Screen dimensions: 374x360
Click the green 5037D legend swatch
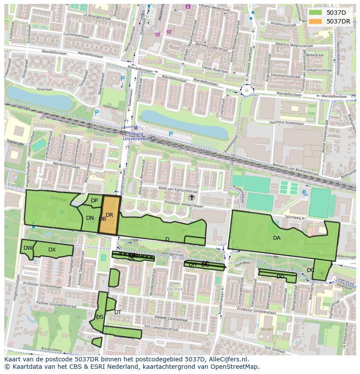(316, 13)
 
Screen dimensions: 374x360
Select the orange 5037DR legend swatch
(316, 21)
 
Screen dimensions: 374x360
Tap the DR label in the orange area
(110, 215)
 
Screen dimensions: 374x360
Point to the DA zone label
(277, 238)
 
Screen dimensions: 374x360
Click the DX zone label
(52, 250)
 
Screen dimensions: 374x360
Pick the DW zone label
(28, 248)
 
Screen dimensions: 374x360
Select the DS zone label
(100, 317)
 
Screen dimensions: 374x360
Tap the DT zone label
(118, 312)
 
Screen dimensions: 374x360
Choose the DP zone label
(94, 201)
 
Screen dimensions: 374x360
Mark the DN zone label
(90, 218)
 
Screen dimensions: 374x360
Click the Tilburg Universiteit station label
(136, 136)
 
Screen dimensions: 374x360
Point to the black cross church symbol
(192, 197)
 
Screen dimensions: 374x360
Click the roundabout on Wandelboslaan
(248, 90)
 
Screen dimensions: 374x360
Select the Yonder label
(267, 329)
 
